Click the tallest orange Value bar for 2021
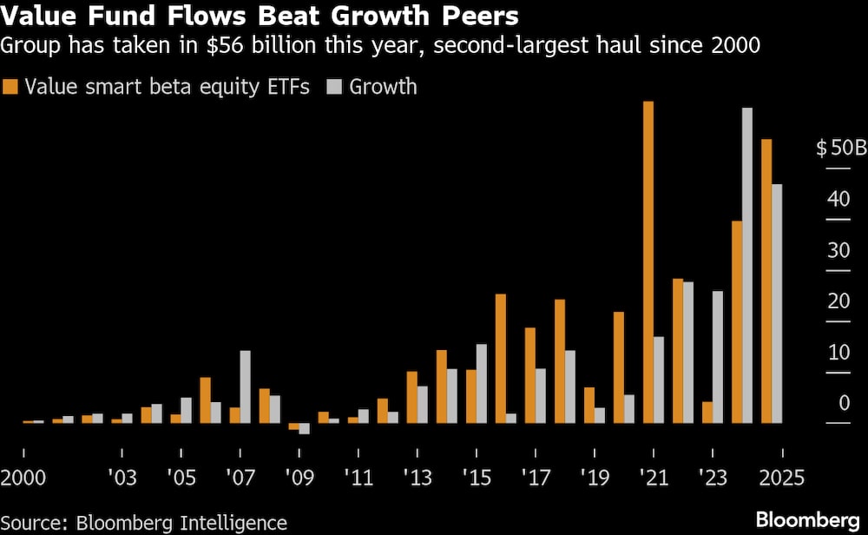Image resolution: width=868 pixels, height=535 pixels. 648,261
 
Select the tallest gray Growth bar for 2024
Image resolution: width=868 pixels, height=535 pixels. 746,265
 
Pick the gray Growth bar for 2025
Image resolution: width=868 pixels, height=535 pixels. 777,303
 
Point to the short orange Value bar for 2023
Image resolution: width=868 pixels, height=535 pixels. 707,413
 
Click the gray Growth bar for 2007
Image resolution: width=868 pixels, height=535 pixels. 245,386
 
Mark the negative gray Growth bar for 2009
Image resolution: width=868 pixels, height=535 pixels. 304,428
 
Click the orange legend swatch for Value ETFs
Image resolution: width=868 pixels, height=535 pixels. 11,87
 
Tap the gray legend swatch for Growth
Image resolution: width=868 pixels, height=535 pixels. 336,87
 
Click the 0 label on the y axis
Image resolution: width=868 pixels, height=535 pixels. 844,404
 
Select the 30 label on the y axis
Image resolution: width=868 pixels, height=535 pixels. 838,250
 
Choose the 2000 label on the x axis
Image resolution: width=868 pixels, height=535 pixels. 23,478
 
